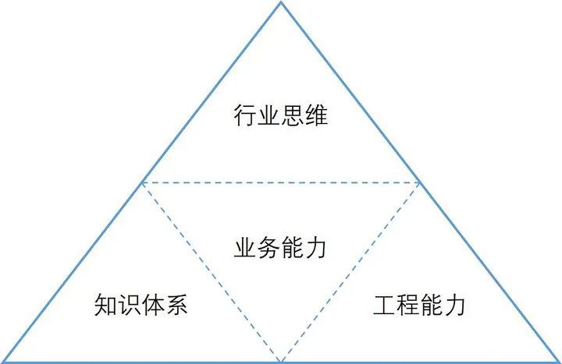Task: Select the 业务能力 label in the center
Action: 280,249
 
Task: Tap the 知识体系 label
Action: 141,304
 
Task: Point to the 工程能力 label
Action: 419,304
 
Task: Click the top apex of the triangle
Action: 281,3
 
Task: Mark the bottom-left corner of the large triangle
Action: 2,362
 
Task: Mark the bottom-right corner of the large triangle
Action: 559,362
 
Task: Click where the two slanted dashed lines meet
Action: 281,361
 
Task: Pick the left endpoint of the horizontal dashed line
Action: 141,182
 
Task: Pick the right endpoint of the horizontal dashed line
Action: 421,182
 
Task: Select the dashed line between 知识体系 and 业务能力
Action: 211,271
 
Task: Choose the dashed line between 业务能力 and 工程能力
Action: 351,271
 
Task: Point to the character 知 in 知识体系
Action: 106,304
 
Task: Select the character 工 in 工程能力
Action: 384,304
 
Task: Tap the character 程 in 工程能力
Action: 407,304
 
